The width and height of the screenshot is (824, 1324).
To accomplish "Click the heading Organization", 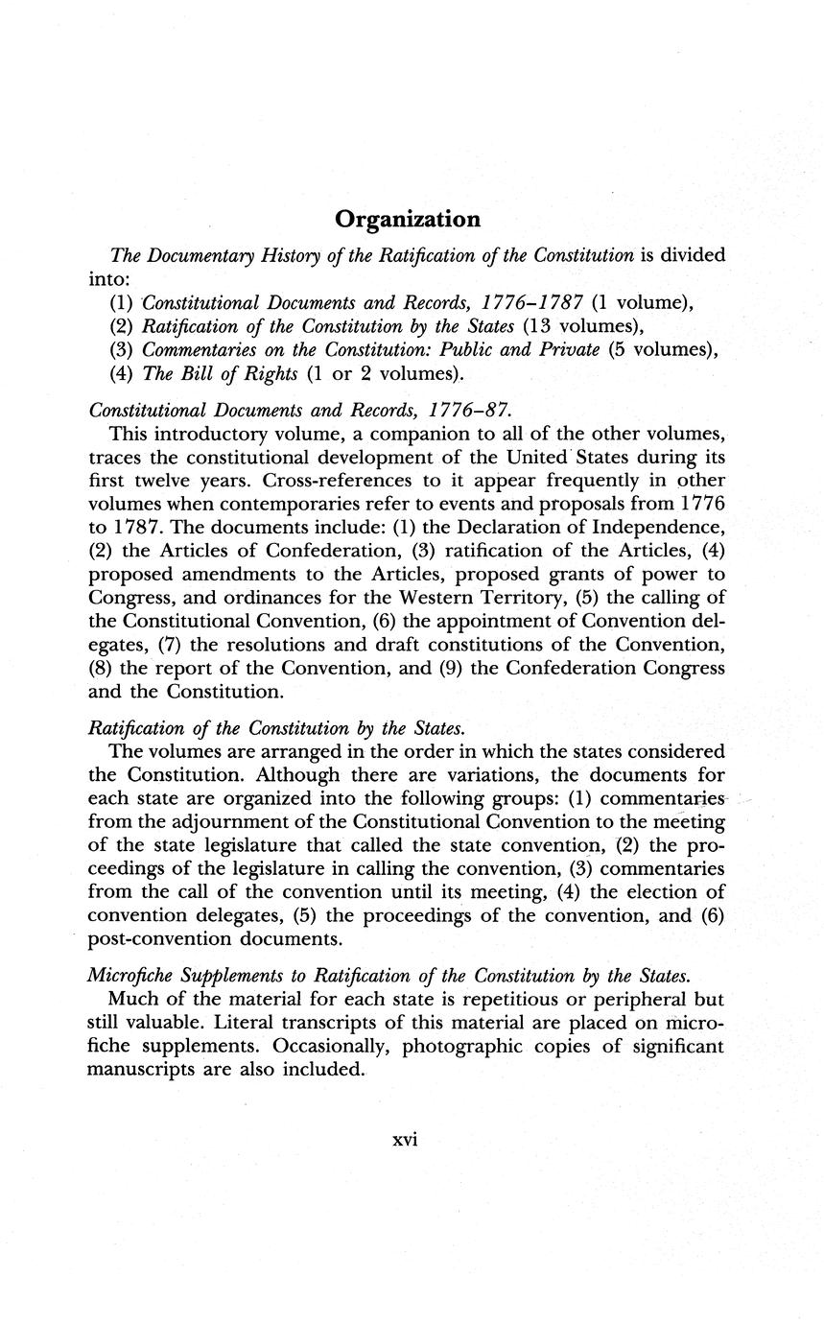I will click(x=408, y=220).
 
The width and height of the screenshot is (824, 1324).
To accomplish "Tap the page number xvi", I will click(x=407, y=1141).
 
